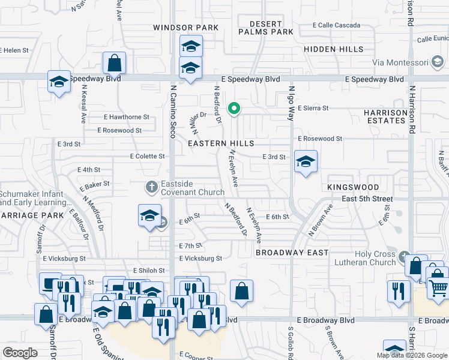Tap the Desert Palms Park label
[265, 28]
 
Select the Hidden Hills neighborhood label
[333, 49]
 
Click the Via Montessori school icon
[438, 62]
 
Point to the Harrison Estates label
[385, 116]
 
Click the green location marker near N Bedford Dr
[235, 109]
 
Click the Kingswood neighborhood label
[354, 188]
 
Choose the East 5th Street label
[358, 199]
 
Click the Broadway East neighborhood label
[292, 253]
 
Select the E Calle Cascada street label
[336, 25]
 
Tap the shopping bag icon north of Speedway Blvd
[114, 62]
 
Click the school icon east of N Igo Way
[306, 161]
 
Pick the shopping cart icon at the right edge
[438, 288]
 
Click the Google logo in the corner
[20, 353]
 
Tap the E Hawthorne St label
[127, 117]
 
